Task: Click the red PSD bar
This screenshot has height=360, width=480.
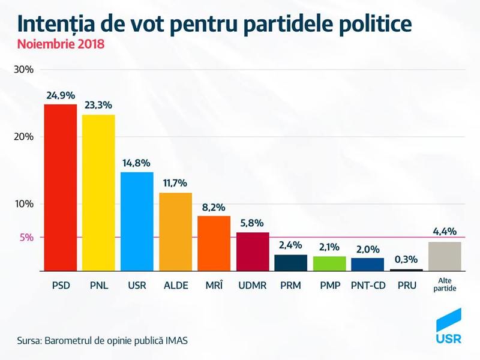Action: click(60, 187)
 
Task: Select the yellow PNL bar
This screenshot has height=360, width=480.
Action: click(98, 193)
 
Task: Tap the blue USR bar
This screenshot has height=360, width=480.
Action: click(137, 221)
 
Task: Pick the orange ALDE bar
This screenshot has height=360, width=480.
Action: click(175, 232)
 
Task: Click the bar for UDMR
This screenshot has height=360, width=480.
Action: click(253, 251)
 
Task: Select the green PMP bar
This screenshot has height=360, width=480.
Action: click(329, 264)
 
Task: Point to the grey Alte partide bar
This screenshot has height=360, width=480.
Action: click(445, 256)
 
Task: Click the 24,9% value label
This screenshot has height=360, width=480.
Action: click(60, 95)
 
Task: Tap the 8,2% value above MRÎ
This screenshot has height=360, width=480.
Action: click(214, 207)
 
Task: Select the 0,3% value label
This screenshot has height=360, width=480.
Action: click(406, 260)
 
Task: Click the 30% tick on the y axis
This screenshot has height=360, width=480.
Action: click(23, 70)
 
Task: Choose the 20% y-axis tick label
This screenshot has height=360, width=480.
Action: click(23, 137)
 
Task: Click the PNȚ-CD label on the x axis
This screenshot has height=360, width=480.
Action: click(368, 286)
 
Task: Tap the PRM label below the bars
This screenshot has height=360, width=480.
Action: click(291, 286)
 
